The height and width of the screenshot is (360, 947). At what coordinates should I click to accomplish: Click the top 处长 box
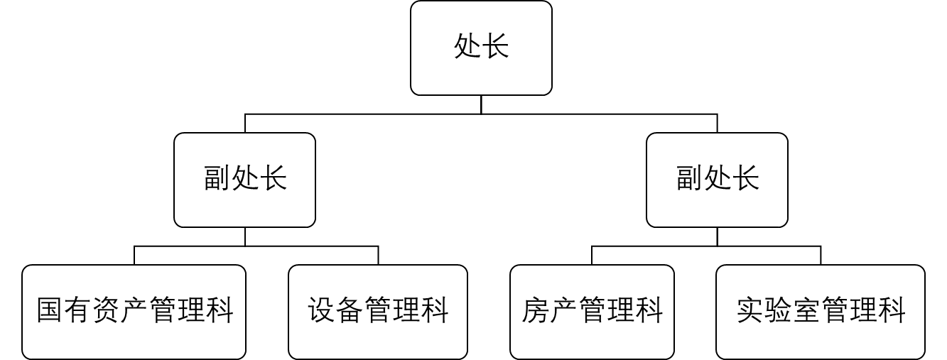click(x=481, y=48)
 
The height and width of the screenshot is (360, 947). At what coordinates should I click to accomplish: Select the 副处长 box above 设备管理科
click(x=245, y=180)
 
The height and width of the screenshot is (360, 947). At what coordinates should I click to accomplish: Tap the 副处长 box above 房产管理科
click(x=717, y=180)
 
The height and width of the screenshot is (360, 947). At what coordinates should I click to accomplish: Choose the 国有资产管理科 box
click(x=134, y=312)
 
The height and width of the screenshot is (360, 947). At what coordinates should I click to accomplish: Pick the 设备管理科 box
click(x=378, y=312)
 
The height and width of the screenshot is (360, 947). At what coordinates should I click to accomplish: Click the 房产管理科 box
click(x=592, y=312)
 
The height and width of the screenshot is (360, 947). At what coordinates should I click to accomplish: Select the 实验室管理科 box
click(x=821, y=312)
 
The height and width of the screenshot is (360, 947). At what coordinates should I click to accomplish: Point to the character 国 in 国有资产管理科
click(x=50, y=310)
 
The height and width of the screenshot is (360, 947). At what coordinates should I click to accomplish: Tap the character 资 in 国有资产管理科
click(x=107, y=310)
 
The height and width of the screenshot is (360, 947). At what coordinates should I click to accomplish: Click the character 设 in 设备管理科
click(x=322, y=310)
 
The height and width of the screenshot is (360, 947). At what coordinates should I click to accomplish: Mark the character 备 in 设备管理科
click(x=350, y=310)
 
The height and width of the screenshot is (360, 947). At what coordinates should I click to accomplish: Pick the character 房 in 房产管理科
click(x=536, y=310)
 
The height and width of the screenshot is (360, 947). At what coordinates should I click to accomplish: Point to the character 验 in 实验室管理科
click(x=779, y=310)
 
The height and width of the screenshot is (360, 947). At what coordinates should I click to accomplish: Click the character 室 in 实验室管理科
click(x=806, y=310)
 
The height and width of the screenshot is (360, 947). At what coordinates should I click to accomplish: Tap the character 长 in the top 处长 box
click(x=495, y=46)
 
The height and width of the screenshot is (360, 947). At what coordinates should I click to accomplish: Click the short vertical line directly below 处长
click(x=481, y=105)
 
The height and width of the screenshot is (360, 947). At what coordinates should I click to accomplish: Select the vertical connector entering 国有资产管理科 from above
click(x=134, y=255)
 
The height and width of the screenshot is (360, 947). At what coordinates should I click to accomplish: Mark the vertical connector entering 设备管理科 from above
click(x=378, y=255)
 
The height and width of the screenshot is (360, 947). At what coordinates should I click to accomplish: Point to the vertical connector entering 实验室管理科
click(x=821, y=255)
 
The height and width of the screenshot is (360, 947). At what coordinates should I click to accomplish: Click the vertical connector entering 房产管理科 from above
click(x=592, y=255)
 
